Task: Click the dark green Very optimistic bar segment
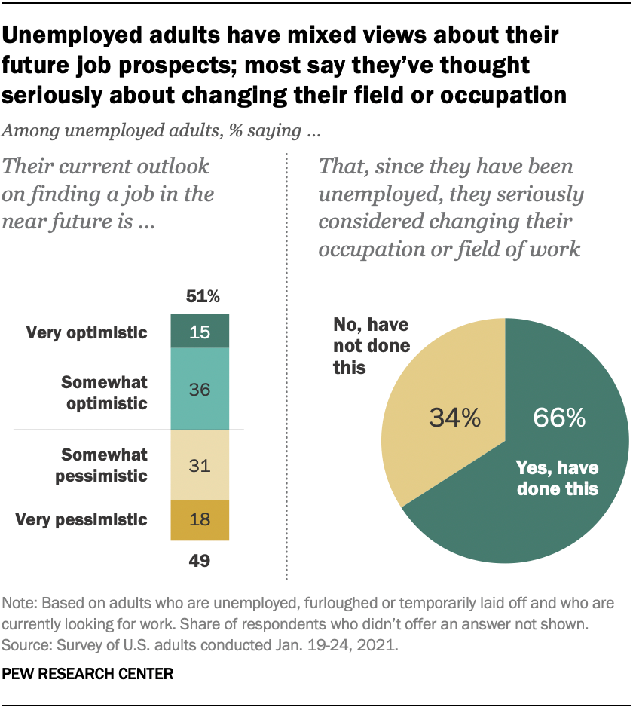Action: click(x=200, y=332)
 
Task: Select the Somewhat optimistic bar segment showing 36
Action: click(x=200, y=389)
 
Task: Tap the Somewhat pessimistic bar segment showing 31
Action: click(x=200, y=465)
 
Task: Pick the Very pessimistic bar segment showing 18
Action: click(x=200, y=519)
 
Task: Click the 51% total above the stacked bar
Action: click(x=200, y=296)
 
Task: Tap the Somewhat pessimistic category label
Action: click(x=105, y=465)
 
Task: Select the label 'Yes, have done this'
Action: click(x=556, y=478)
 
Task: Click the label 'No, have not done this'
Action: click(x=371, y=346)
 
